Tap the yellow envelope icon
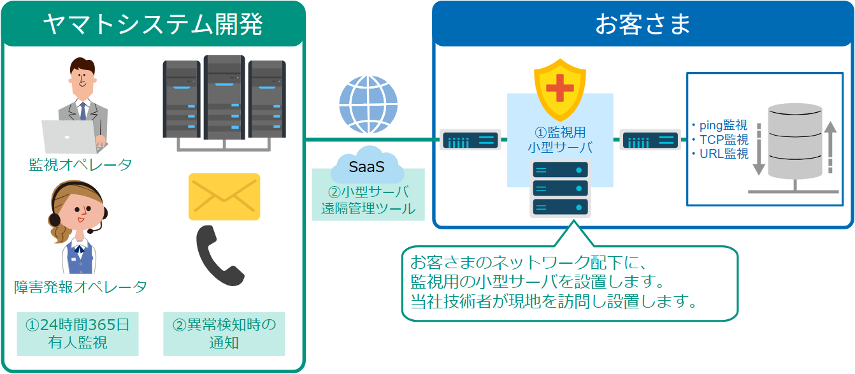click(x=224, y=196)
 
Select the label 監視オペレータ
click(x=81, y=165)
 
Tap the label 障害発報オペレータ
click(x=81, y=287)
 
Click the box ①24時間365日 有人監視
click(x=78, y=333)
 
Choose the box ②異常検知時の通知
click(x=224, y=333)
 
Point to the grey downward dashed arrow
click(x=758, y=150)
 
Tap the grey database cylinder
click(x=794, y=141)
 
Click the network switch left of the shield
click(x=470, y=140)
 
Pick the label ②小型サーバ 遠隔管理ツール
click(x=368, y=200)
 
